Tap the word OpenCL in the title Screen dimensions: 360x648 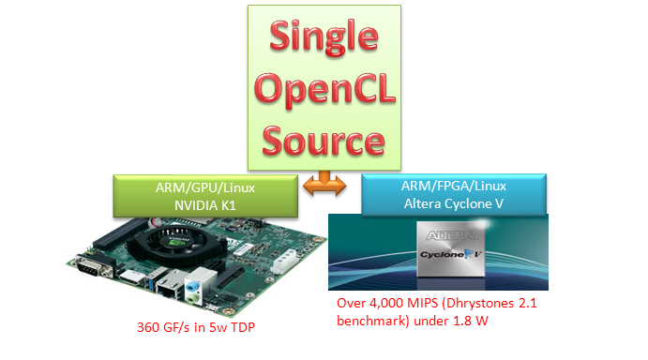coord(324,91)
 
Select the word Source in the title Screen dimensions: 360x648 coord(324,140)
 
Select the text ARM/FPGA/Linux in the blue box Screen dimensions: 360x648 coord(445,187)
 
